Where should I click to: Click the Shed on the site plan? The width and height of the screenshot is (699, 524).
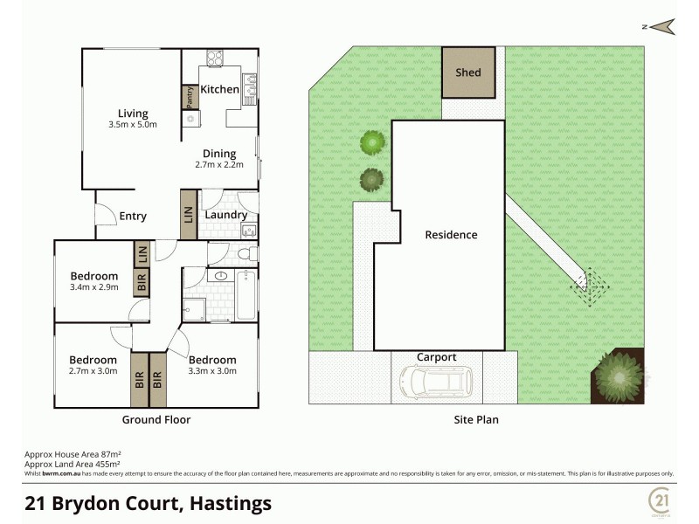[x=467, y=72]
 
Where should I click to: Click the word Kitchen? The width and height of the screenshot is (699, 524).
[x=219, y=89]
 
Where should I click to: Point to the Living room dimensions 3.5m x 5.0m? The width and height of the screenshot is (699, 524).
[x=134, y=124]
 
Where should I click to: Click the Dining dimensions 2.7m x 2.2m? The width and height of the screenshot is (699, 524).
[x=219, y=164]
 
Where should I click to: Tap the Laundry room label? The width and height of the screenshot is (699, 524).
[x=225, y=215]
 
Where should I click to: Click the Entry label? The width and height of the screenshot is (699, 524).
[x=133, y=217]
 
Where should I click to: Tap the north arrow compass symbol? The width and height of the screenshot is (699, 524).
[x=662, y=27]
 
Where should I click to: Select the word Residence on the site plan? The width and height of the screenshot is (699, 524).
[x=451, y=234]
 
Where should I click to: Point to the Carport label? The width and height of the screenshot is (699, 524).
[x=436, y=357]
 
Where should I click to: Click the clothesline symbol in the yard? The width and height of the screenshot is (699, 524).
[x=589, y=282]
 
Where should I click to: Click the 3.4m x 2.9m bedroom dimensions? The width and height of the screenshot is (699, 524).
[x=93, y=286]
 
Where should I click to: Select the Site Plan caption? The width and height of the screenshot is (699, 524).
[x=477, y=419]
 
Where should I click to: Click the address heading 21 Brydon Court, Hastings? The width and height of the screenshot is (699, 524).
[x=148, y=503]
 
